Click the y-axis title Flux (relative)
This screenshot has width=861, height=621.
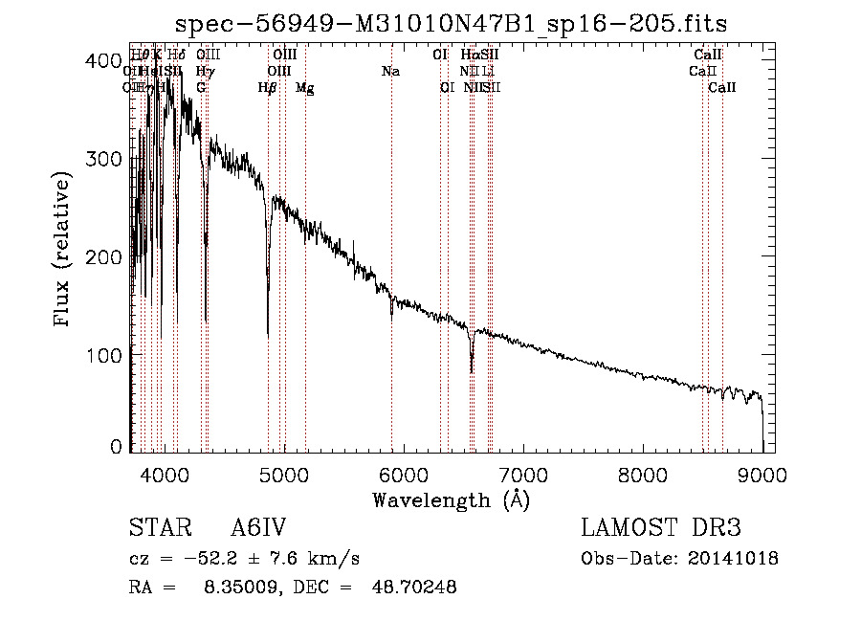pos(64,251)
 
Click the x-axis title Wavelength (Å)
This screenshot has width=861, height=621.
pos(451,499)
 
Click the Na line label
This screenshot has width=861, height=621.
pos(390,72)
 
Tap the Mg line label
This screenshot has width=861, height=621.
pos(305,88)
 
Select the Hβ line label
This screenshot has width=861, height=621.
pos(268,88)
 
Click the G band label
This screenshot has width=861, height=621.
pos(201,88)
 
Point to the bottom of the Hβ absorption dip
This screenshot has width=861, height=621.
pos(268,335)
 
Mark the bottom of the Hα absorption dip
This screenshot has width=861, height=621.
pos(472,371)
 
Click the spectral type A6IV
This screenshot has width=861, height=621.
pos(257,528)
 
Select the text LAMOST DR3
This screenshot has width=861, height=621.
pos(661,528)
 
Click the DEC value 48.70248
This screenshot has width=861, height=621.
pos(413,588)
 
